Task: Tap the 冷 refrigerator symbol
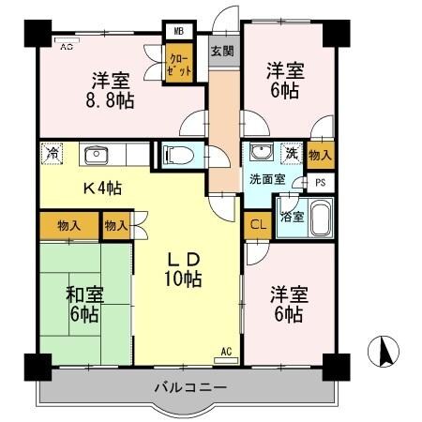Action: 53,154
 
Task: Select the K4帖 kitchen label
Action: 101,188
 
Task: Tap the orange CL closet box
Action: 256,225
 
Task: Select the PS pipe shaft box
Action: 321,183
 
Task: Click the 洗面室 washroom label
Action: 266,179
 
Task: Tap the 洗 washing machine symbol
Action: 291,154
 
